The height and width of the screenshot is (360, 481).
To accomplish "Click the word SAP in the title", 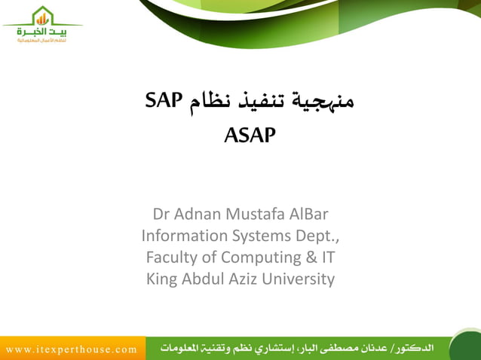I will point(165,102).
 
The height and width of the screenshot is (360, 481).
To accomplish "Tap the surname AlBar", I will point(311,212).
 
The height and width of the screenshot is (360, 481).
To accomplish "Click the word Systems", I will point(259,235).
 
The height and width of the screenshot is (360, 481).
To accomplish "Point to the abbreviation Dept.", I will point(319,235).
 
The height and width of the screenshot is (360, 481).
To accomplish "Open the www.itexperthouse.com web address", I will point(72,349).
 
